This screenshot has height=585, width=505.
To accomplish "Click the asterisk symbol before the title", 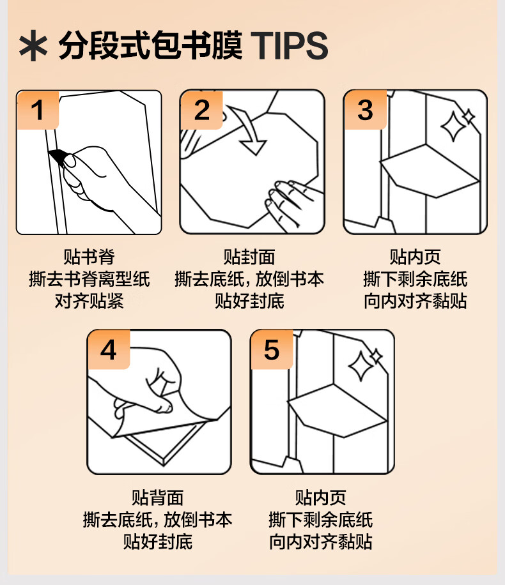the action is (x=33, y=46).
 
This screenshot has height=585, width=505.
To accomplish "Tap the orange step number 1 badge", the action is (x=38, y=110).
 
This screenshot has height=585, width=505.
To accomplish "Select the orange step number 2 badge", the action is (x=202, y=110).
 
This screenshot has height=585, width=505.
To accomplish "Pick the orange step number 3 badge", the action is (x=365, y=110).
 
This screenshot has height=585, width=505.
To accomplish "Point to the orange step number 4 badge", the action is (x=108, y=349).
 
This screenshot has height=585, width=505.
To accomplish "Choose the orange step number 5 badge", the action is (x=272, y=349).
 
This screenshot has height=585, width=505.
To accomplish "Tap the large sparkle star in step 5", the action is (x=361, y=366).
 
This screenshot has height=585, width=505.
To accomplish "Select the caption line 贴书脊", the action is (x=89, y=257).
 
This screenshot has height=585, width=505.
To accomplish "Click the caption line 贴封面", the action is (x=249, y=257).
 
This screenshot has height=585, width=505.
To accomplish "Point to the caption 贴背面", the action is (x=158, y=498).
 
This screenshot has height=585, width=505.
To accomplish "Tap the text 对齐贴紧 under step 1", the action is (x=89, y=301).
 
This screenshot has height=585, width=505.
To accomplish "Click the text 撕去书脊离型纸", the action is (x=89, y=278).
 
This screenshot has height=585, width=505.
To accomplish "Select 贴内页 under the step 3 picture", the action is (x=415, y=257).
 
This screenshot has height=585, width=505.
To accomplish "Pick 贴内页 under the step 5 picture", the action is (x=320, y=498).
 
